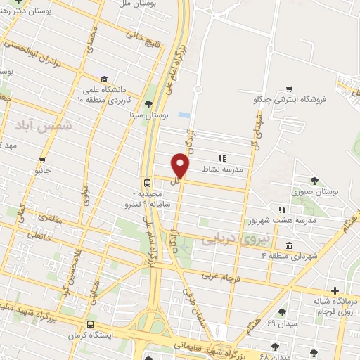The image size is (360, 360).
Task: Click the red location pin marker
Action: [x=181, y=165]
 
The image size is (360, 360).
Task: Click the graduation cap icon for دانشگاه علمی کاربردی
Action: [x=104, y=79]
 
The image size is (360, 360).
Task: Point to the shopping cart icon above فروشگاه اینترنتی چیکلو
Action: [x=288, y=89]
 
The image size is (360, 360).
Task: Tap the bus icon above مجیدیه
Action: [x=146, y=182]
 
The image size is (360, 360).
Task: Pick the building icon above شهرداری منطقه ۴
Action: [x=290, y=245]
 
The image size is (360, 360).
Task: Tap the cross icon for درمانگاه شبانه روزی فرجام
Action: [x=335, y=290]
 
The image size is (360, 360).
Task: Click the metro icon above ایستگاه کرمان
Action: [x=90, y=325]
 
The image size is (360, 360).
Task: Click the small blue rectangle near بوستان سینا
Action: [x=184, y=115]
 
